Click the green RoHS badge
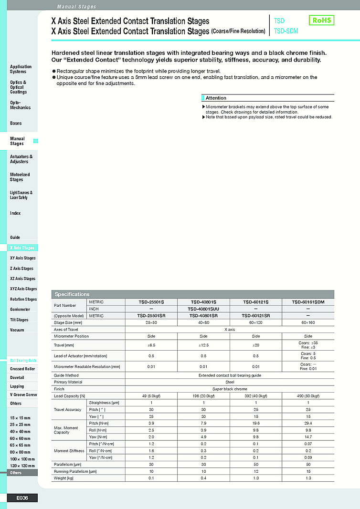(x=321, y=20)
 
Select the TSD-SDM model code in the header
(x=286, y=31)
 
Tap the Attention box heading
(x=216, y=98)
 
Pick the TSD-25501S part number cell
(x=151, y=302)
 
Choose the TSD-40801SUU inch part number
(x=203, y=309)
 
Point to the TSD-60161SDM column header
(x=308, y=302)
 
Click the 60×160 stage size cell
(x=308, y=322)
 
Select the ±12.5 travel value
(x=203, y=345)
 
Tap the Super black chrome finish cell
(x=230, y=389)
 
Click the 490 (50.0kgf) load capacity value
(x=308, y=396)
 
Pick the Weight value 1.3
(x=308, y=478)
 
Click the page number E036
(x=22, y=498)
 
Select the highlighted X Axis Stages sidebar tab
(x=22, y=248)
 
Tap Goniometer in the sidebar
(x=20, y=310)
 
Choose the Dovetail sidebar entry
(x=17, y=377)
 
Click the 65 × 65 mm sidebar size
(x=20, y=445)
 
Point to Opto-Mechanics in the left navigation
(x=20, y=105)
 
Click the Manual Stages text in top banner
(x=76, y=7)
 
